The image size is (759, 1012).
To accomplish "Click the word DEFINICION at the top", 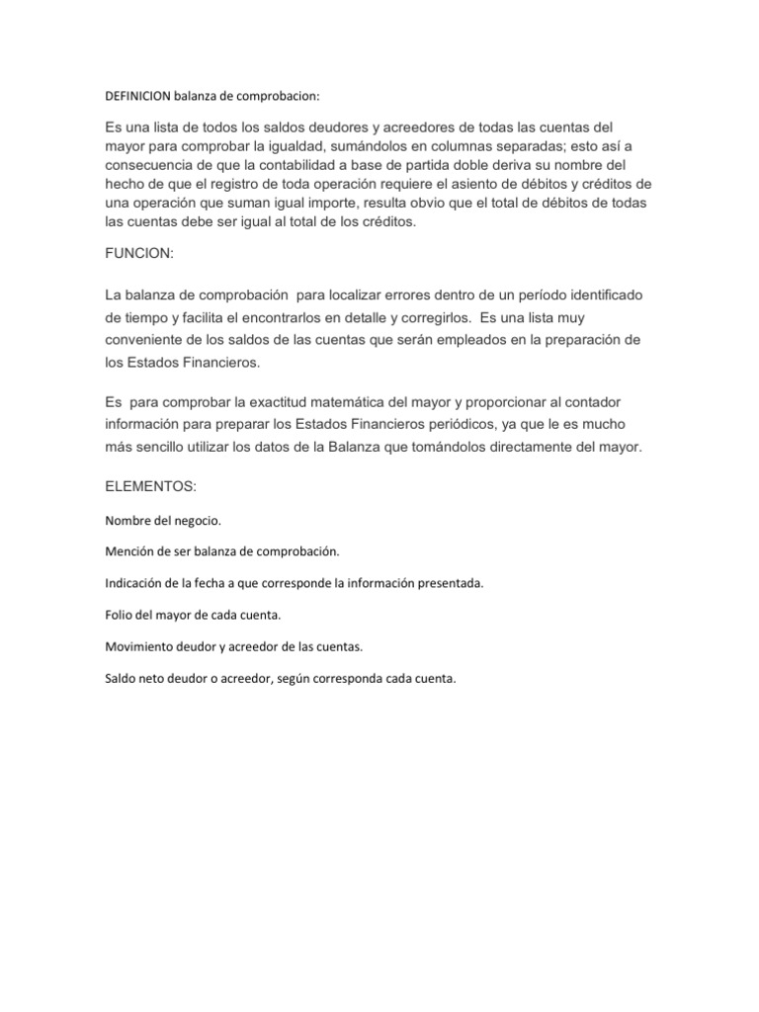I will (137, 97).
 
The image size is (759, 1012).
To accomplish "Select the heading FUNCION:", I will (138, 254).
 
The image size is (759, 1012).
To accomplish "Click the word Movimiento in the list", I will (138, 646).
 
